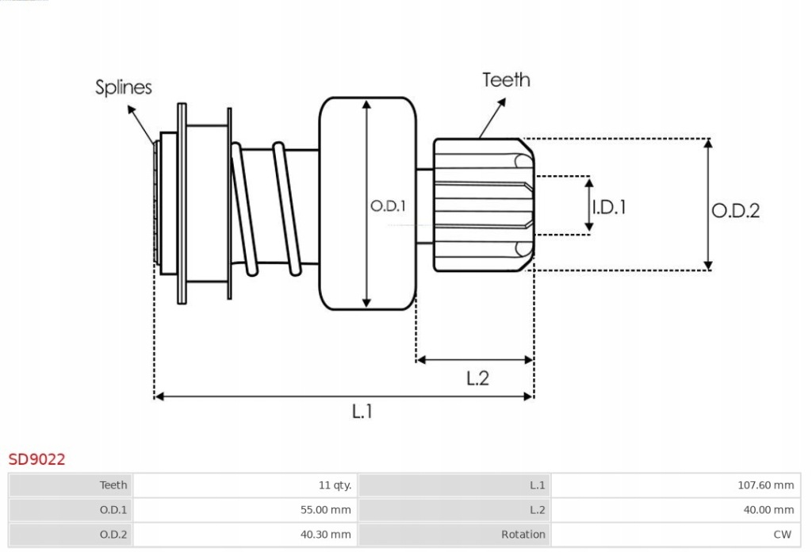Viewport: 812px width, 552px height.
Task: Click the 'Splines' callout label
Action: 124,86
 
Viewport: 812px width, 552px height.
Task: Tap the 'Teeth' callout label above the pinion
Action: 506,80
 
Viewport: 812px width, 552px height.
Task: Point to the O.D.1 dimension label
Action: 388,206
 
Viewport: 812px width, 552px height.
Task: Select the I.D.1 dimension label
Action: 610,207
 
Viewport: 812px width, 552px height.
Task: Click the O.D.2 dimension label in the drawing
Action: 735,211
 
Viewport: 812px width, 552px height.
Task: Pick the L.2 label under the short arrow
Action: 477,378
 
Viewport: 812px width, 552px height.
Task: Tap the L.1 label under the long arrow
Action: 362,411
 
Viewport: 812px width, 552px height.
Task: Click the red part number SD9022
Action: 36,458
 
